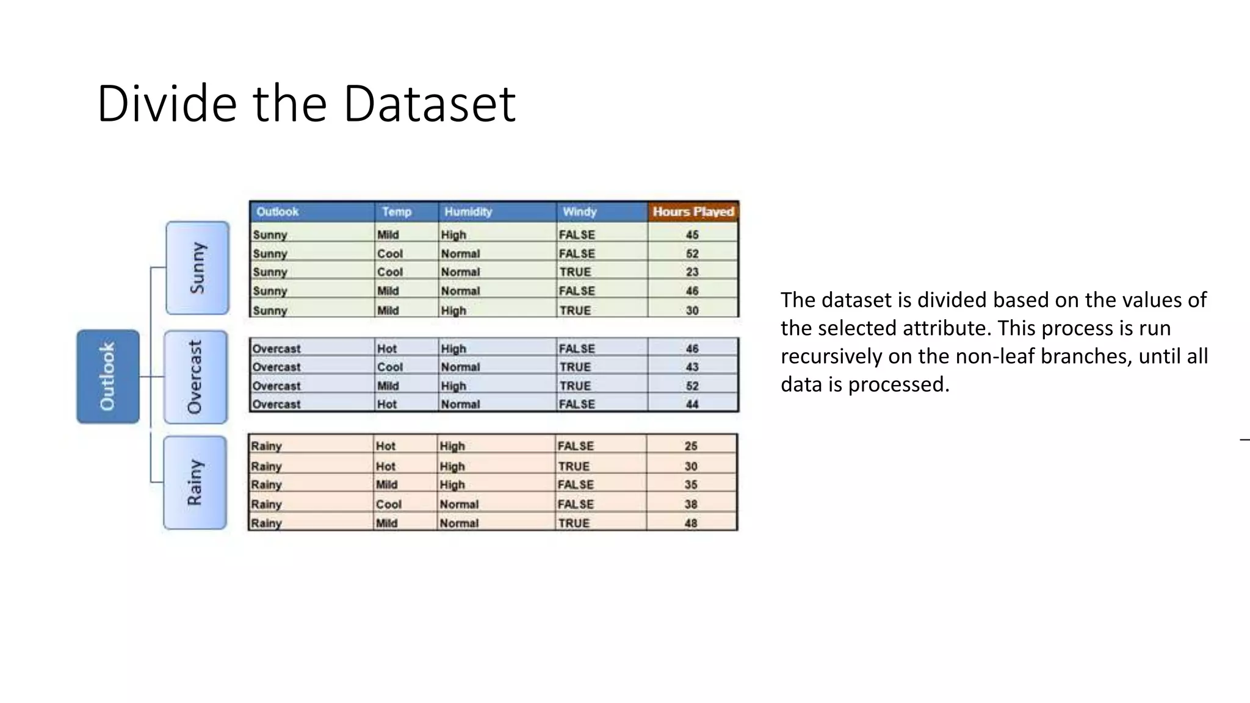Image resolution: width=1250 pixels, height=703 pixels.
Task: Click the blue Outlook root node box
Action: tap(108, 377)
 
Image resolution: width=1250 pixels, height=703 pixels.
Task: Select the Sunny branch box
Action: tap(198, 268)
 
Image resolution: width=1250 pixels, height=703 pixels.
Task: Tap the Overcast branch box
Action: tap(195, 377)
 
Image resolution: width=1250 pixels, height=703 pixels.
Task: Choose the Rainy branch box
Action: tap(195, 483)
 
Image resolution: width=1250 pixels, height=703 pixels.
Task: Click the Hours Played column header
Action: tap(693, 212)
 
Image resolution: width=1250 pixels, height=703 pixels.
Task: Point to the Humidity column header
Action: tap(468, 212)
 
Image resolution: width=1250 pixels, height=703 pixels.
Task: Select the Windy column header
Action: tap(579, 212)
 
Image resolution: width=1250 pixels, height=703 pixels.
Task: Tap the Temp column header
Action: tap(397, 212)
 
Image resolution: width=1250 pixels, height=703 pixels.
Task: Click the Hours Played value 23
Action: tap(692, 272)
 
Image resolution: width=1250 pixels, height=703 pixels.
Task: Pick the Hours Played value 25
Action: tap(691, 446)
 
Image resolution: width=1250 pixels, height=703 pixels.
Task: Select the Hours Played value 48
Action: tap(691, 523)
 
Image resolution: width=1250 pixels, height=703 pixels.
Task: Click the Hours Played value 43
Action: tap(692, 367)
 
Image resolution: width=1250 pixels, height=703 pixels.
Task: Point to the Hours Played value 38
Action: tap(691, 504)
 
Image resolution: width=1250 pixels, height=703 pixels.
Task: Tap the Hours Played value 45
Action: tap(692, 235)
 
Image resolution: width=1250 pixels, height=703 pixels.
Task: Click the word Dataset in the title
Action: tap(430, 104)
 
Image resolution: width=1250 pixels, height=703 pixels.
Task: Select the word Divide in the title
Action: tap(167, 104)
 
